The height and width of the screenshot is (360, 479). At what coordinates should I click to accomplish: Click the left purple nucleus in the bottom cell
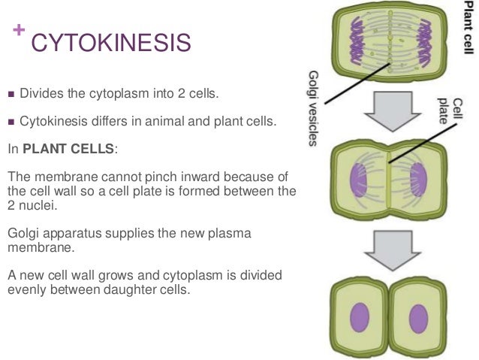[x=361, y=312]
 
